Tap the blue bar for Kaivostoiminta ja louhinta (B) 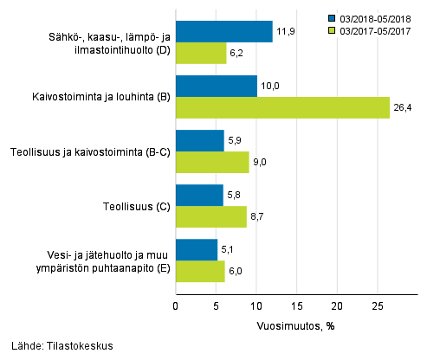pyautogui.click(x=217, y=87)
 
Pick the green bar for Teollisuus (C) pyautogui.click(x=211, y=217)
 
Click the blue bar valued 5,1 pyautogui.click(x=197, y=250)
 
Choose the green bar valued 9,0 pyautogui.click(x=212, y=163)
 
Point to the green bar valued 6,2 pyautogui.click(x=201, y=54)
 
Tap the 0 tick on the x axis pyautogui.click(x=176, y=305)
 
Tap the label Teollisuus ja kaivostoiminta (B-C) pyautogui.click(x=90, y=151)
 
